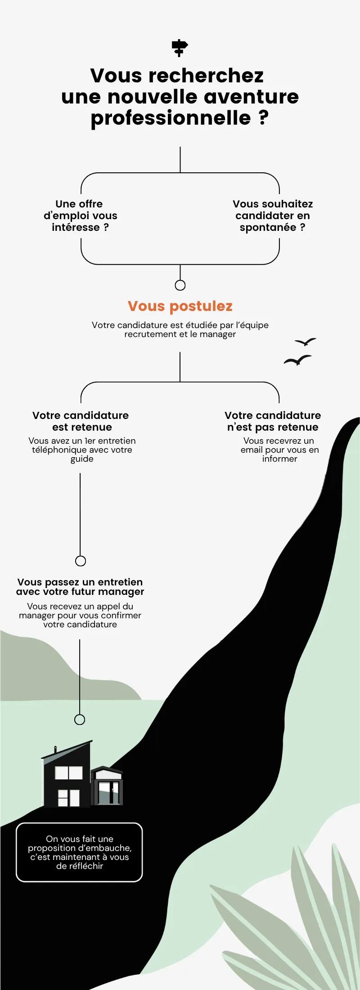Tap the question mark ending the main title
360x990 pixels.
264,117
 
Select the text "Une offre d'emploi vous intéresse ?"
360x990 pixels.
81,216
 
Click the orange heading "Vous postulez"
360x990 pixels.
180,306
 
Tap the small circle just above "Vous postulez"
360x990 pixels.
180,285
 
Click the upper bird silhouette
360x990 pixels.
306,342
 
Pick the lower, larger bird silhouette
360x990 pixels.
297,360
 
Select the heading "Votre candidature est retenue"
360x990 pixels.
81,421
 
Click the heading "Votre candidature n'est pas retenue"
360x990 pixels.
273,421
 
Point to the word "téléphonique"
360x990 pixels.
59,450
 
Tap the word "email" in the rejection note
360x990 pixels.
252,450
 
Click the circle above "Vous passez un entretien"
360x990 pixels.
81,561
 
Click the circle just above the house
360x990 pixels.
80,720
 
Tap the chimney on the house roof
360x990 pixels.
55,750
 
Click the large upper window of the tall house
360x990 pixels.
69,772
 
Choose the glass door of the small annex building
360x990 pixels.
109,792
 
